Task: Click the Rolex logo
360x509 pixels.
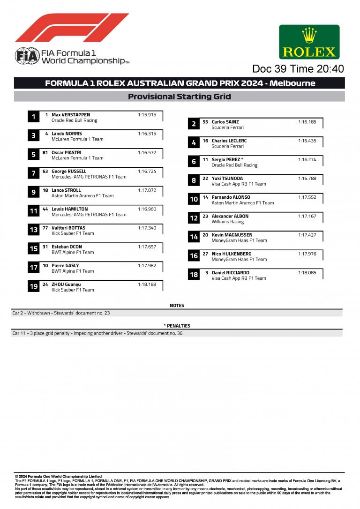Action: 309,42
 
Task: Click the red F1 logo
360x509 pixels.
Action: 72,28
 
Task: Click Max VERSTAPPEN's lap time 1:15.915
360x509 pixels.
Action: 147,115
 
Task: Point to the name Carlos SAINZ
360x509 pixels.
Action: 225,122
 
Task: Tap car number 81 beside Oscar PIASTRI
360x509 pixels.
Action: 45,152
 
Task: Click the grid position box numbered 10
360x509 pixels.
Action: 194,200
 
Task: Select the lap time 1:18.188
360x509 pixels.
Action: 147,284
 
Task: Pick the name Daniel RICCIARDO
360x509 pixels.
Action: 231,273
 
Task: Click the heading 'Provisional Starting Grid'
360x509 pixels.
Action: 180,97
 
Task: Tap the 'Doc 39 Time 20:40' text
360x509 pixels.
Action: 298,69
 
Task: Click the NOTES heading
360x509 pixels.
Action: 177,306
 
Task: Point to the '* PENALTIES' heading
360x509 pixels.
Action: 177,326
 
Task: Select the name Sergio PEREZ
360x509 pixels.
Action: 225,159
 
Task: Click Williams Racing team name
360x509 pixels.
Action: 228,222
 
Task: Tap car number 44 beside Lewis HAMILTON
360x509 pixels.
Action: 45,209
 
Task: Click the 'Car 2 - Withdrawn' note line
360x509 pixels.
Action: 61,313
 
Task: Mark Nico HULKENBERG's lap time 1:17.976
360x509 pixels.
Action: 307,254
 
